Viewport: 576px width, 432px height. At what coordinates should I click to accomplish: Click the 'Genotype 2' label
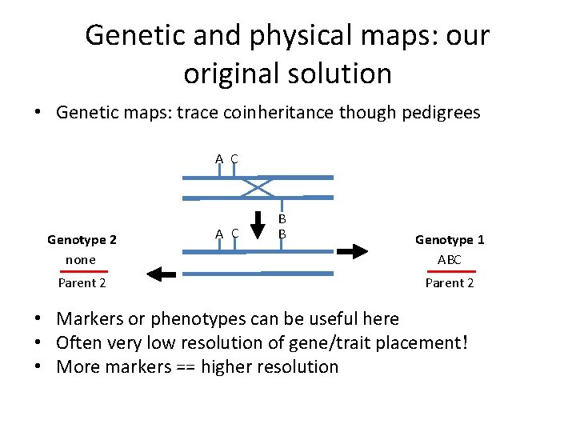pyautogui.click(x=82, y=239)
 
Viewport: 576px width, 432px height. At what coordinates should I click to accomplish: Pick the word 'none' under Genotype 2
pyautogui.click(x=81, y=259)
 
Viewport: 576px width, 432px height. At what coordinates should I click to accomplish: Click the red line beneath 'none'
pyautogui.click(x=83, y=271)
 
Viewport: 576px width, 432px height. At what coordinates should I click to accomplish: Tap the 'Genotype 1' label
pyautogui.click(x=450, y=239)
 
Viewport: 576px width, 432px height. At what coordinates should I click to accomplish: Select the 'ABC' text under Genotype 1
pyautogui.click(x=450, y=259)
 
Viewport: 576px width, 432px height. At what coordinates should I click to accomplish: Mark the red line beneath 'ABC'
pyautogui.click(x=450, y=271)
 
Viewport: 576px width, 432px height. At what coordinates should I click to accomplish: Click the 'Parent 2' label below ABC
pyautogui.click(x=450, y=282)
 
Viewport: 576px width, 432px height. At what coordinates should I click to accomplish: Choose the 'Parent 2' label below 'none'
pyautogui.click(x=82, y=282)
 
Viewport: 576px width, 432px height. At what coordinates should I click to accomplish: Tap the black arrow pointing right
pyautogui.click(x=352, y=250)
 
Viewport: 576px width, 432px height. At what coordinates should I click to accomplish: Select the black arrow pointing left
pyautogui.click(x=163, y=274)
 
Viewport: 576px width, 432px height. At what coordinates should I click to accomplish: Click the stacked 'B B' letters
pyautogui.click(x=282, y=226)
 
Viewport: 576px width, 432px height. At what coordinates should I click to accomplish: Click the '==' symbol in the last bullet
pyautogui.click(x=182, y=367)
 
